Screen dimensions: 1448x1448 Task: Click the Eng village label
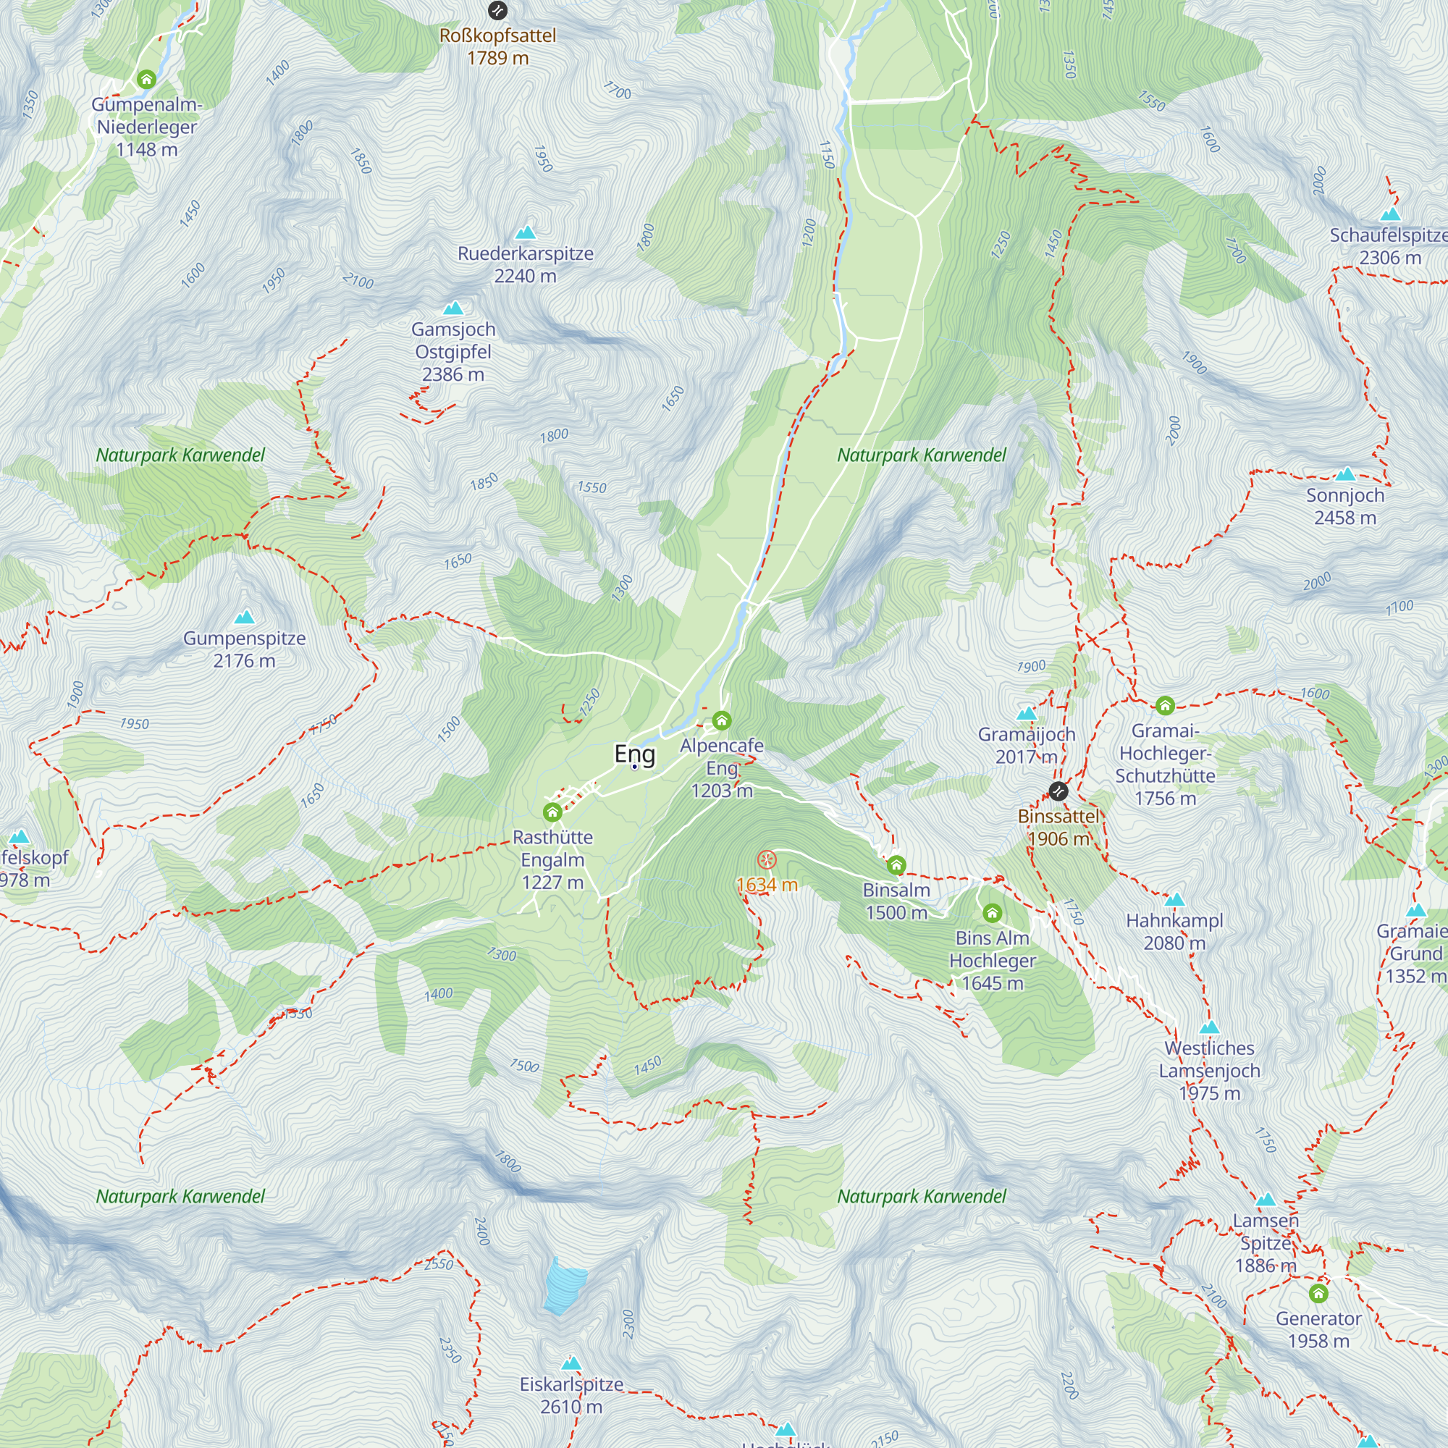tap(634, 753)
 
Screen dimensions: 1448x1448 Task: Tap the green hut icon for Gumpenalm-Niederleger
tap(147, 79)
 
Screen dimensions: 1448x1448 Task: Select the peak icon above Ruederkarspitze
tap(526, 232)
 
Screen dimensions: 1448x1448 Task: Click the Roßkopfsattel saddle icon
tap(497, 10)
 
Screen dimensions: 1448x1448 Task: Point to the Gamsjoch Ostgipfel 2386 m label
tap(453, 352)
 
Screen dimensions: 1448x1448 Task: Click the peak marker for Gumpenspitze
tap(244, 618)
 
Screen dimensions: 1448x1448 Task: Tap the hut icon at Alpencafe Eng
tap(722, 720)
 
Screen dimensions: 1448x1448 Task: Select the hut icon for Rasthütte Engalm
tap(552, 812)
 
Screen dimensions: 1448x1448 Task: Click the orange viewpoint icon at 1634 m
tap(766, 859)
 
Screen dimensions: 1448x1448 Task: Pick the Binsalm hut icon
tap(896, 866)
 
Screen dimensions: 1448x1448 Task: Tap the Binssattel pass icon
tap(1058, 791)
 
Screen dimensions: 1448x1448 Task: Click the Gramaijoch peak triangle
tap(1027, 712)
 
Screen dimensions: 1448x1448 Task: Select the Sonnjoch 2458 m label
tap(1345, 506)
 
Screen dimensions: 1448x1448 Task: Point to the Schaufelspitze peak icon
tap(1390, 214)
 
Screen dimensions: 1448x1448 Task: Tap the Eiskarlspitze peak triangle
tap(571, 1363)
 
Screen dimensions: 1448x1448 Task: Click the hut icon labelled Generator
tap(1318, 1293)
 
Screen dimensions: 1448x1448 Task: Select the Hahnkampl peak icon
tap(1174, 899)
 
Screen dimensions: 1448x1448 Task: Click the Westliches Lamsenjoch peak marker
tap(1210, 1027)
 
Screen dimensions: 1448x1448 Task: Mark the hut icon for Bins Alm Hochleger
tap(993, 913)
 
